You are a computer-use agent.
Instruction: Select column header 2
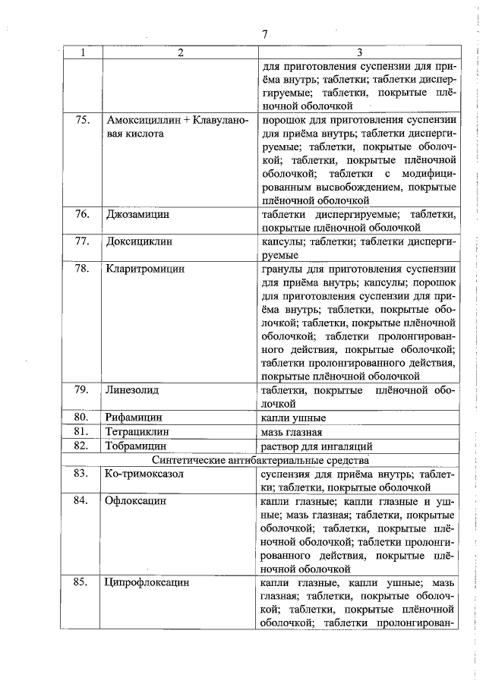(x=180, y=52)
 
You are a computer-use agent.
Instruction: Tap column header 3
(x=359, y=52)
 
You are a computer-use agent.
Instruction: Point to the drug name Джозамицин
(x=137, y=215)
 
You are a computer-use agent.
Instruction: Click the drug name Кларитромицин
(x=146, y=269)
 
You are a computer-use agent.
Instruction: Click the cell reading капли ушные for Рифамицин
(x=293, y=418)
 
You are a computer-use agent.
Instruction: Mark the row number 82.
(x=84, y=446)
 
